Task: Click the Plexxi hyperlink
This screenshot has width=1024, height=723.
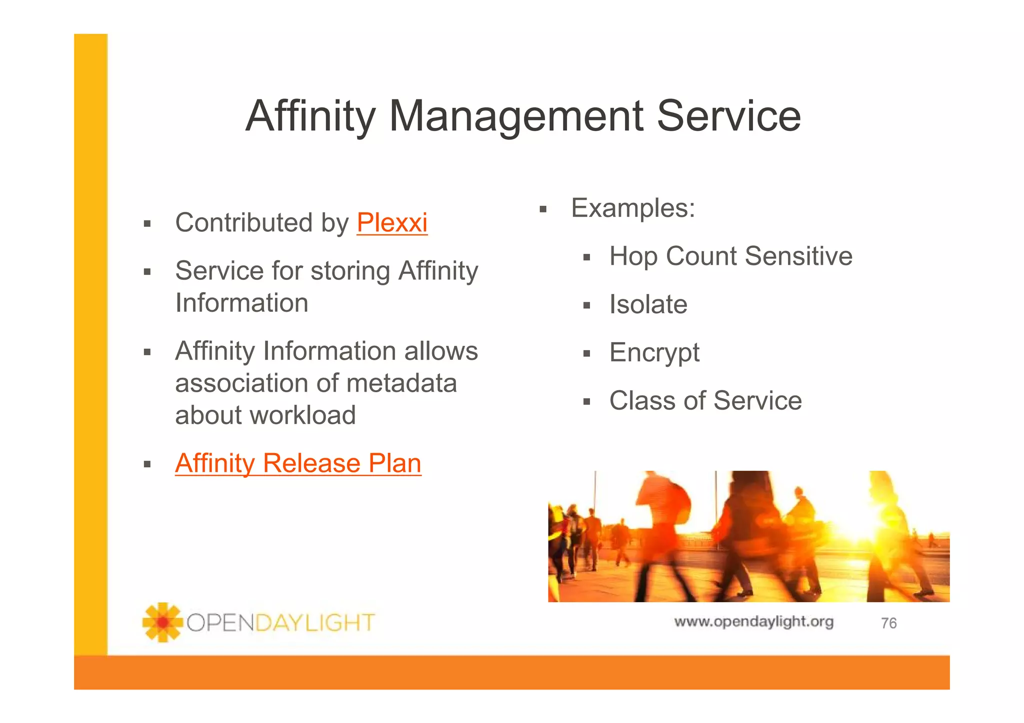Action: coord(392,223)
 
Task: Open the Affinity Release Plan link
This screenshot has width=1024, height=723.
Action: coord(298,463)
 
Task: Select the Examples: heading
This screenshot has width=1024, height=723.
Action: coord(633,208)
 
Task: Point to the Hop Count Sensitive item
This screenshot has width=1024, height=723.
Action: coord(730,256)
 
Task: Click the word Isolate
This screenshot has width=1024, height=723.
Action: coord(648,304)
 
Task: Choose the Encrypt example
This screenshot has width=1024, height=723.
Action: coord(654,353)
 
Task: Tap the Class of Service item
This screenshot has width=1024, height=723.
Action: coord(705,401)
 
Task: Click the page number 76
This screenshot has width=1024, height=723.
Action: coord(888,623)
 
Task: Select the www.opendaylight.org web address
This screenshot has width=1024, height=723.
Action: coord(753,622)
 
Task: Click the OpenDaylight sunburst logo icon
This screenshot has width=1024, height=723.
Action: coord(162,622)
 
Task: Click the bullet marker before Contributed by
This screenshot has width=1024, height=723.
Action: coord(147,224)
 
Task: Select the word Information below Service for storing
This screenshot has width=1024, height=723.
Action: coord(241,303)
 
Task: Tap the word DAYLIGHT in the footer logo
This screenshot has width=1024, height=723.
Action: coord(315,623)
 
